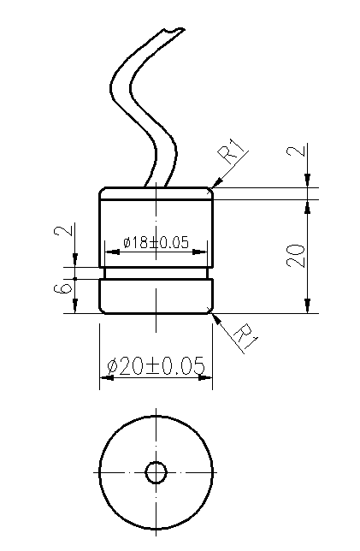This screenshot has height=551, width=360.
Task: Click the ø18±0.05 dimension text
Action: pyautogui.click(x=156, y=242)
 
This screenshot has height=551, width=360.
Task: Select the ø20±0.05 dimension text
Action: pyautogui.click(x=156, y=365)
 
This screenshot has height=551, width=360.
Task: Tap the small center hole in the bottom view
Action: pyautogui.click(x=156, y=472)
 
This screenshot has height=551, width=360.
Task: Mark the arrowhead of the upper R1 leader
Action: pyautogui.click(x=215, y=184)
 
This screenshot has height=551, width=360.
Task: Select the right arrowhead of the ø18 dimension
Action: pyautogui.click(x=205, y=252)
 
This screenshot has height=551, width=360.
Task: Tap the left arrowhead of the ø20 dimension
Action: pyautogui.click(x=103, y=377)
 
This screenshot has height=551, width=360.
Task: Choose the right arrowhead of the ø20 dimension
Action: pyautogui.click(x=209, y=377)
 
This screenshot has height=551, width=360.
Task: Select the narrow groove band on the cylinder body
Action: pyautogui.click(x=156, y=273)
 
